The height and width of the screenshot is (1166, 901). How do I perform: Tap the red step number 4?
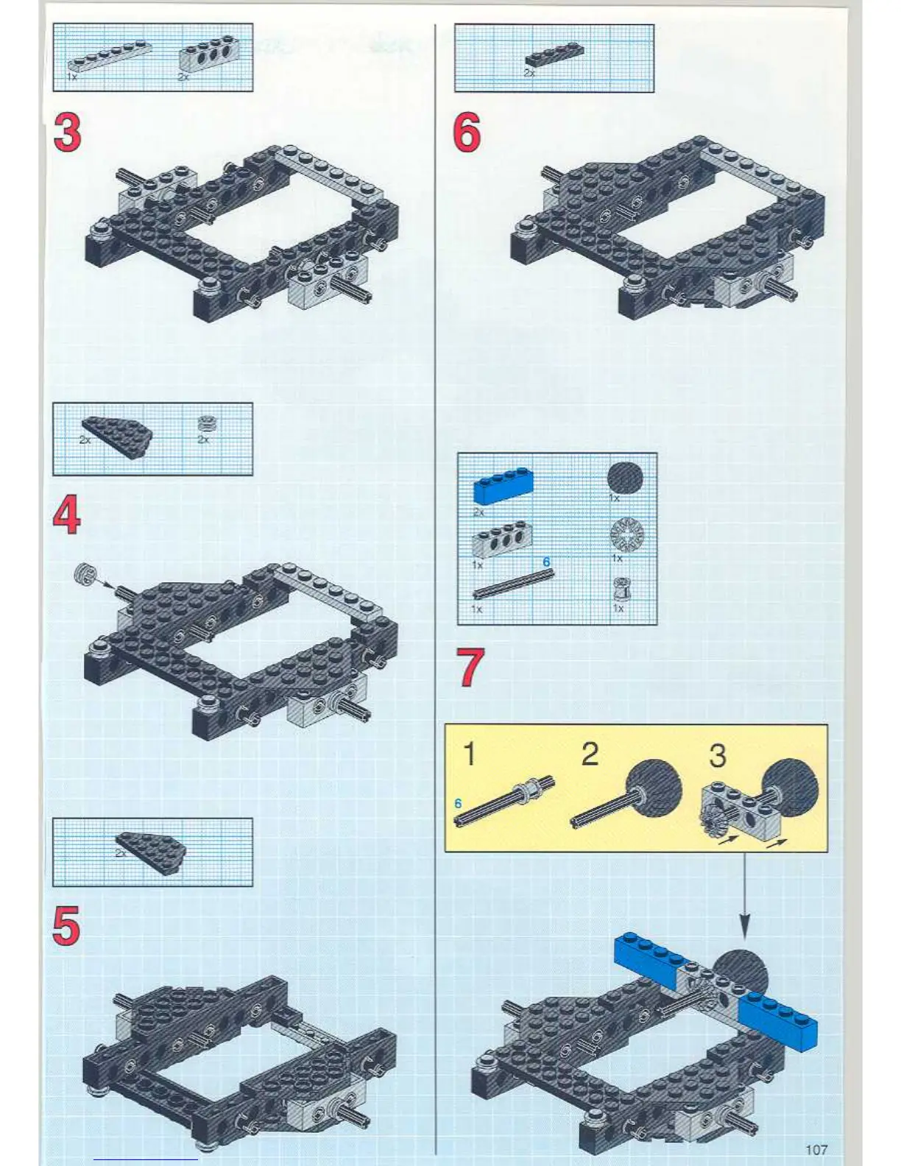pos(67,515)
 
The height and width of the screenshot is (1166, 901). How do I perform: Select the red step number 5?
pos(66,925)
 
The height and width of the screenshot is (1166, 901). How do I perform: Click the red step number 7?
pos(470,668)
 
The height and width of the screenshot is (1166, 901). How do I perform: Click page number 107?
pos(816,1149)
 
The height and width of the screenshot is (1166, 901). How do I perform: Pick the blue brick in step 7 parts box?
pos(503,486)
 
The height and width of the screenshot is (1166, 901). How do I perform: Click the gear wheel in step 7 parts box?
pos(626,534)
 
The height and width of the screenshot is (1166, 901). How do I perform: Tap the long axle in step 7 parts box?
pos(513,584)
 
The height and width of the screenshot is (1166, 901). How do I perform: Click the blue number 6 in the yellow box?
pos(458,803)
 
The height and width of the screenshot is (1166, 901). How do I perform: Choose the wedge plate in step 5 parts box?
pos(152,852)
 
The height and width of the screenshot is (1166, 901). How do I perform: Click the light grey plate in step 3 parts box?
pos(110,56)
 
